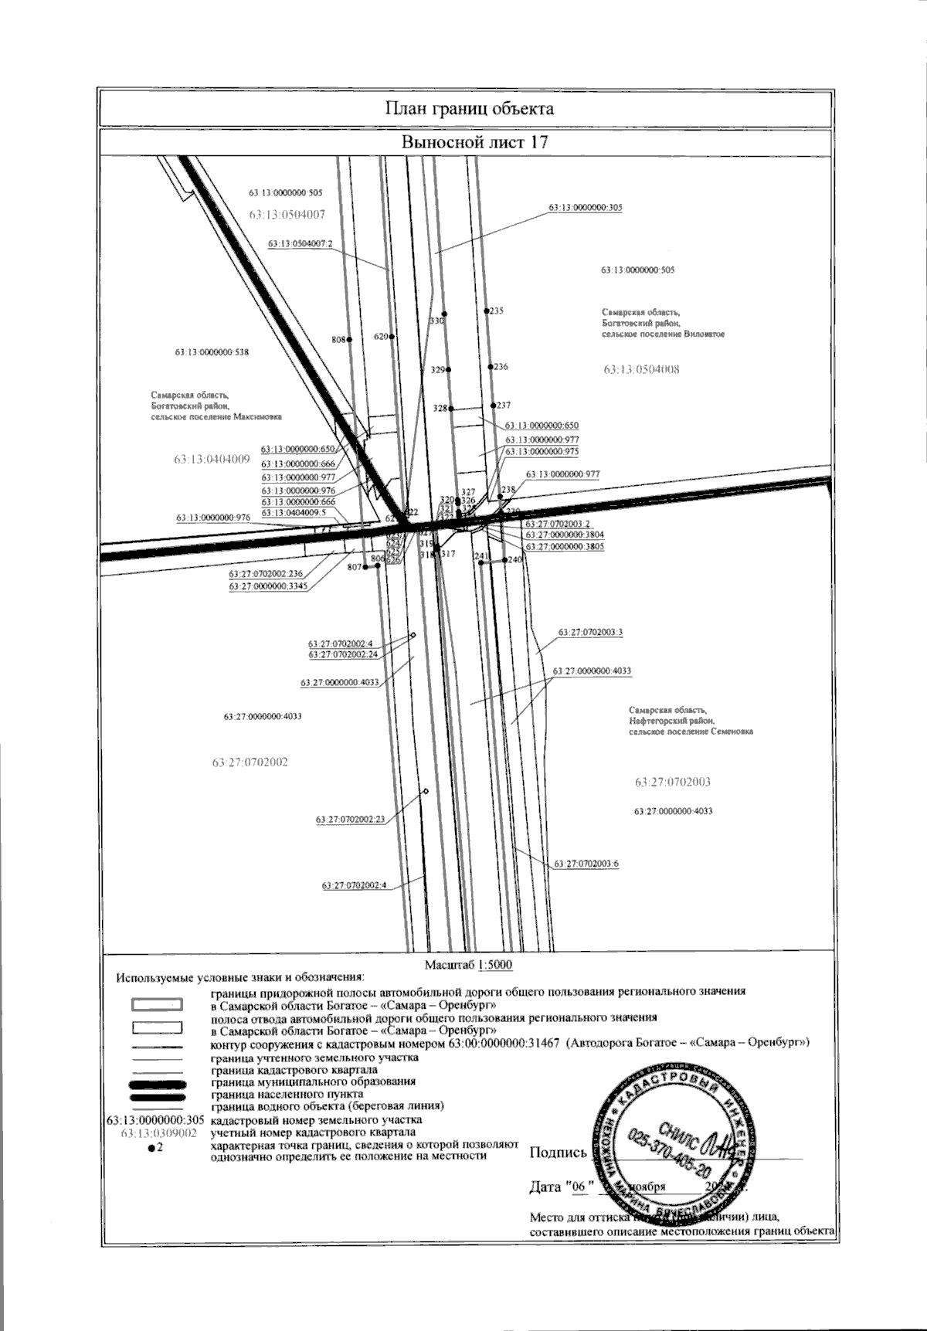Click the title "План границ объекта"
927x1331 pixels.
click(469, 108)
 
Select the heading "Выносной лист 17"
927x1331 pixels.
click(469, 142)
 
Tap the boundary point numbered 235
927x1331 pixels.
click(487, 311)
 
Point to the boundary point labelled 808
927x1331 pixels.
click(349, 339)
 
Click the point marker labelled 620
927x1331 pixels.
click(392, 337)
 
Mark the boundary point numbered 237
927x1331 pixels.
click(494, 405)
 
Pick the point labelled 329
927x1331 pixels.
click(449, 370)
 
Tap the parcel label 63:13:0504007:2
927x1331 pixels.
click(300, 243)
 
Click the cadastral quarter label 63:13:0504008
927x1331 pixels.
click(641, 369)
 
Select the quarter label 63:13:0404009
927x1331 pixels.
click(212, 459)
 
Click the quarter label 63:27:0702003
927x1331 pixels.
click(672, 782)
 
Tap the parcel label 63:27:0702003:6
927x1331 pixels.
click(586, 864)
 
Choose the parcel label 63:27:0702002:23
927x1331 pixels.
click(350, 819)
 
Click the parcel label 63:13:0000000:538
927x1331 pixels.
click(212, 352)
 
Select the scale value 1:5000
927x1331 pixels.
click(495, 965)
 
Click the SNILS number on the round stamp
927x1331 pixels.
click(670, 1147)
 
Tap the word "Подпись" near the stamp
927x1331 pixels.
click(559, 1153)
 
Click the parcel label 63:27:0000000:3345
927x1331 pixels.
click(268, 586)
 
